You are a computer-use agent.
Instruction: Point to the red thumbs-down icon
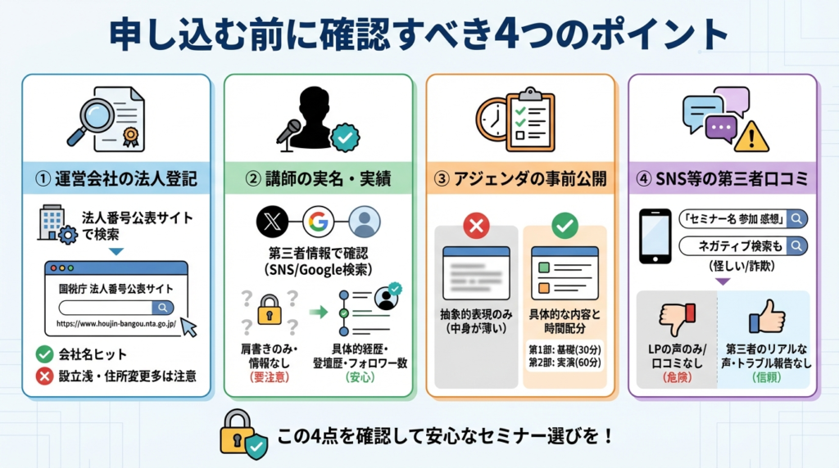click(x=678, y=319)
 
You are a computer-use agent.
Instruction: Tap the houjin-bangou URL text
click(x=116, y=324)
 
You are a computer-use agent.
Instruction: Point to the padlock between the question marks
click(x=270, y=310)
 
